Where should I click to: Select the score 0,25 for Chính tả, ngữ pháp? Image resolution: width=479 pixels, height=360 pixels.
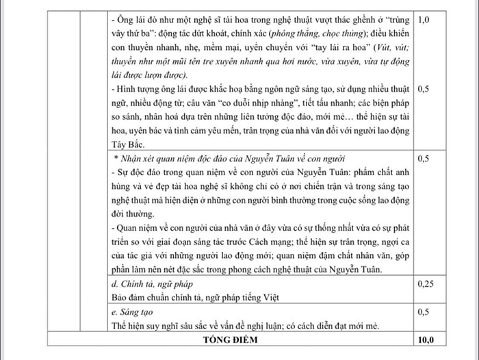425,283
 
